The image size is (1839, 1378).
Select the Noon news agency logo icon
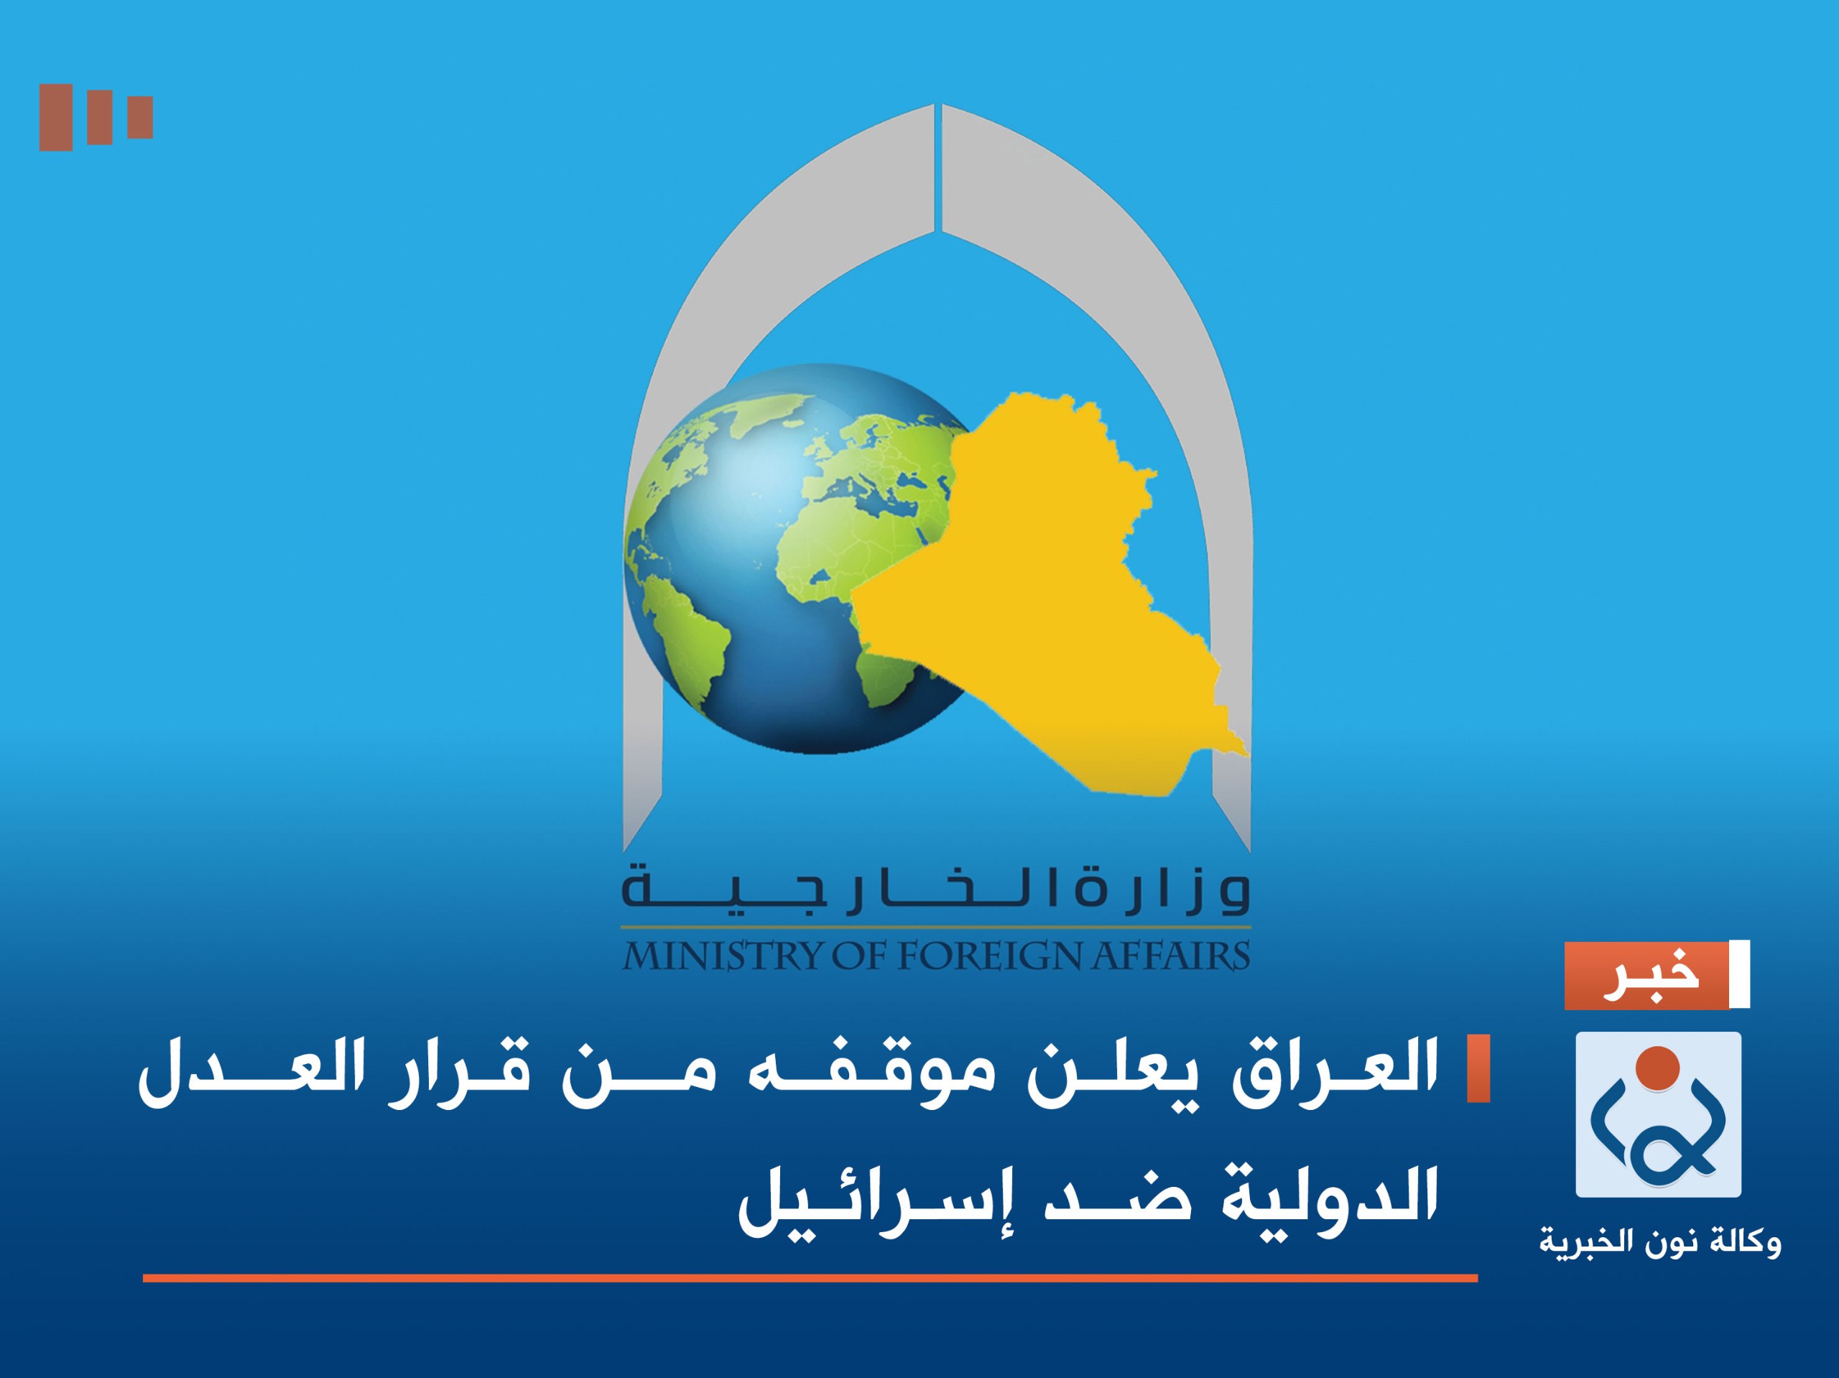click(x=1658, y=1114)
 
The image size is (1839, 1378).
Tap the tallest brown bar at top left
click(x=56, y=117)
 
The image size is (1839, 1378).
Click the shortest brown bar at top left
click(x=139, y=117)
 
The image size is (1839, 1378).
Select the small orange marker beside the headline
click(x=1478, y=1068)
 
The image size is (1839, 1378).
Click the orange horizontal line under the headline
click(x=810, y=1278)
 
